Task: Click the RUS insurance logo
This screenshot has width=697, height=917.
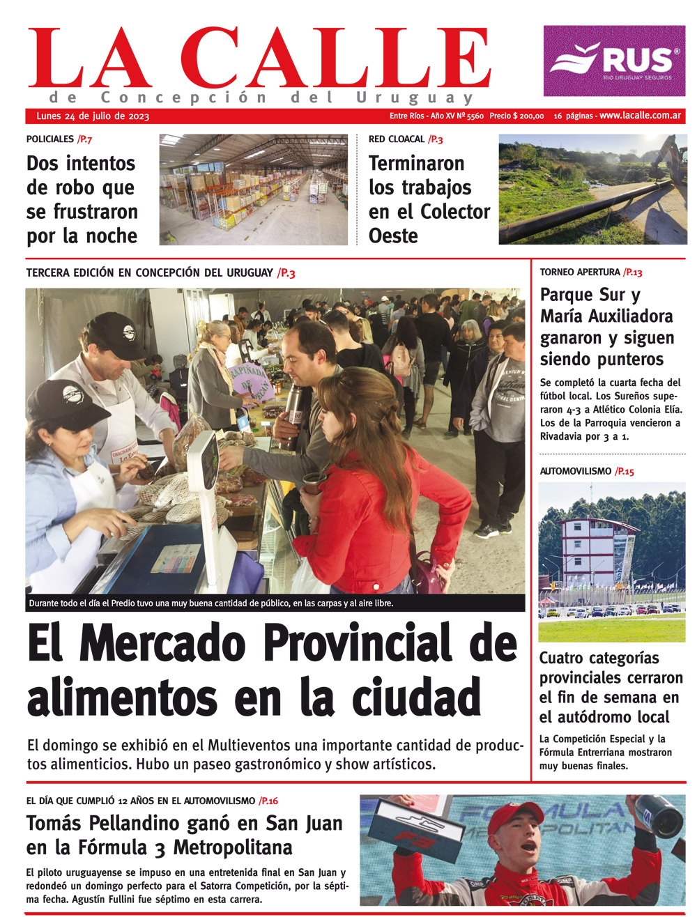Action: (614, 61)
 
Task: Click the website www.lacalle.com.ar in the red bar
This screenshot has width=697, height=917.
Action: (640, 116)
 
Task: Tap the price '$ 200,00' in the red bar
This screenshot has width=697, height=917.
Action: (527, 116)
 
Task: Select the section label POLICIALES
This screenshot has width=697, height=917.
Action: (49, 139)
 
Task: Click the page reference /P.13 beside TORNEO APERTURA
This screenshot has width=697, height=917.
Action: (633, 272)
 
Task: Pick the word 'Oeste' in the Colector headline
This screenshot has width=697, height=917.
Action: (393, 236)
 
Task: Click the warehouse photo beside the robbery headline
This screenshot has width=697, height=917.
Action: (253, 189)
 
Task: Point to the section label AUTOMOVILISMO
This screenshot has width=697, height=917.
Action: (575, 472)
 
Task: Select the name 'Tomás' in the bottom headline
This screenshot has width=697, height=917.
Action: (54, 824)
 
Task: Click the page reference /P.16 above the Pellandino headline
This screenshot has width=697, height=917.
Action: (268, 801)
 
